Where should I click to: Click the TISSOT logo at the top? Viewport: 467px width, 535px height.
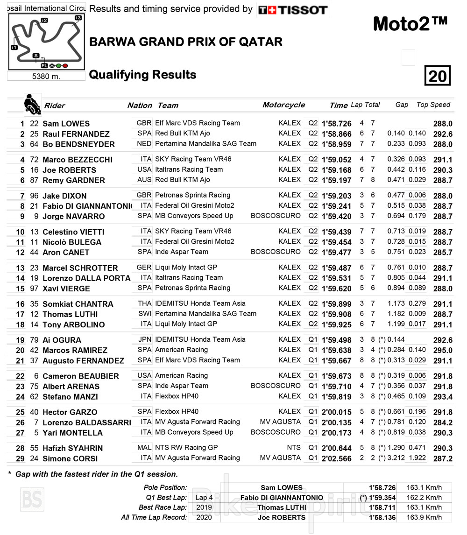point(293,10)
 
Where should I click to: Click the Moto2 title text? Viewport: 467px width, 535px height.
point(410,24)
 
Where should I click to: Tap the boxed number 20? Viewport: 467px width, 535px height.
point(438,76)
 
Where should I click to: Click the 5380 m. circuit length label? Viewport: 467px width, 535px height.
point(46,76)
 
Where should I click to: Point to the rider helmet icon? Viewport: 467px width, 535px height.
point(32,105)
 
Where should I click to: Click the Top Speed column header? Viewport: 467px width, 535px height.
point(433,105)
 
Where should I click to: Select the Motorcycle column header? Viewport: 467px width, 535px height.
point(283,105)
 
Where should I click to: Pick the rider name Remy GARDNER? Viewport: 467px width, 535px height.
point(74,180)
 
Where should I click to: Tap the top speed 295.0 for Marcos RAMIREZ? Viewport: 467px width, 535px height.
point(442,350)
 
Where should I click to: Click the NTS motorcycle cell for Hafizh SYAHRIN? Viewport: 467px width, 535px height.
point(294,447)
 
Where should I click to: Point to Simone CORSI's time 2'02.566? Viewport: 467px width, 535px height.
point(336,458)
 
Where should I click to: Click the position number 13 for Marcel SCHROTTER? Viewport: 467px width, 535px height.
point(20,268)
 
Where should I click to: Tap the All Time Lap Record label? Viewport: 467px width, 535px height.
point(154,517)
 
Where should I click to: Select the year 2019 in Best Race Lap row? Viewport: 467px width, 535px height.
point(204,507)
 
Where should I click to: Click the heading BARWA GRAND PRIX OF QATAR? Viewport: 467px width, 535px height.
point(185,42)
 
